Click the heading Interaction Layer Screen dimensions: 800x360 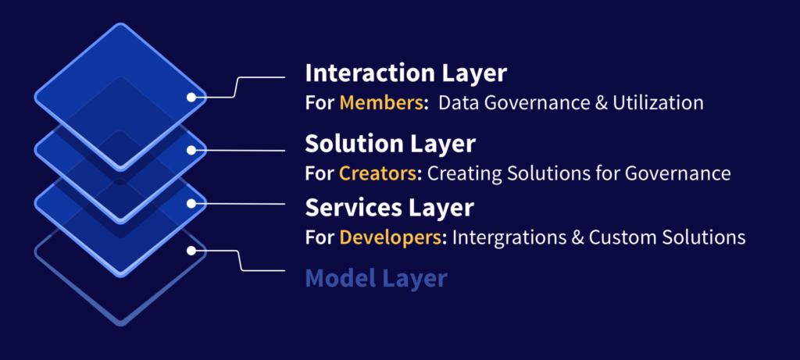(405, 73)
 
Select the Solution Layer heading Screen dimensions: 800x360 (390, 144)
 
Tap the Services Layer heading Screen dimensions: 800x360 (389, 208)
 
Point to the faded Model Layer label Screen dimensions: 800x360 (376, 279)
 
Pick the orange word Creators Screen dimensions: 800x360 (378, 174)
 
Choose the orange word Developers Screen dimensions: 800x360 (391, 237)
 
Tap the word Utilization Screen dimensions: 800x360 (658, 103)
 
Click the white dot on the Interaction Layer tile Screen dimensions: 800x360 (191, 97)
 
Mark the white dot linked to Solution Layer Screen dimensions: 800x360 (191, 151)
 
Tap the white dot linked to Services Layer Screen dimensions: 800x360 (191, 204)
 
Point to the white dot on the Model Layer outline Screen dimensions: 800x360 (191, 251)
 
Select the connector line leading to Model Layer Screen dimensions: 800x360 (240, 261)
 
